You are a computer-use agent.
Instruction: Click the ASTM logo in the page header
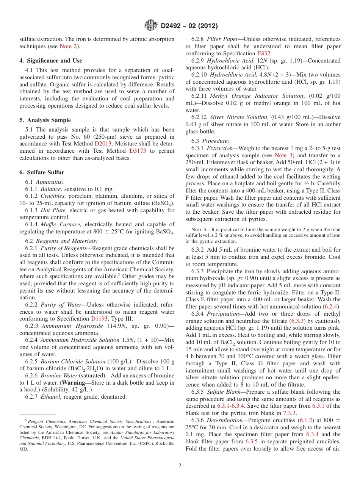[151, 26]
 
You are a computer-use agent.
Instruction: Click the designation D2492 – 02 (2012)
[189, 26]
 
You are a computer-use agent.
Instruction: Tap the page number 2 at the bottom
[180, 465]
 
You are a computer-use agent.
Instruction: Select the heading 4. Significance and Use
[50, 61]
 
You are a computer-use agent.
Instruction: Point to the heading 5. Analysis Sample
[45, 120]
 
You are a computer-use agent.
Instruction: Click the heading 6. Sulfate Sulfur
[42, 172]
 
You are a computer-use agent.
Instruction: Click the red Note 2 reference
[69, 46]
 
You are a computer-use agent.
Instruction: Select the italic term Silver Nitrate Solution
[238, 117]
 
